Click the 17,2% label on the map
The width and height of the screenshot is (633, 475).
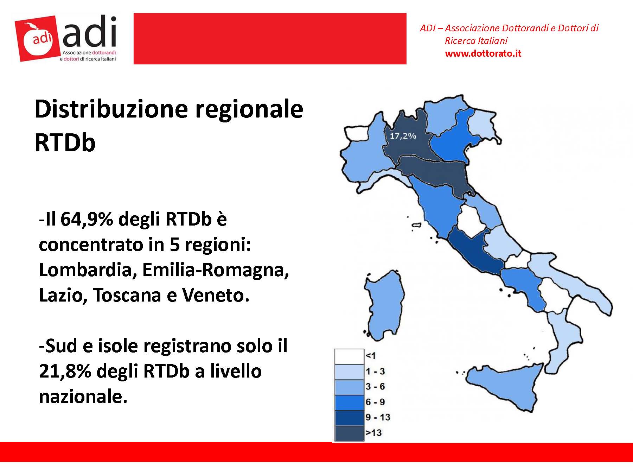[x=403, y=135]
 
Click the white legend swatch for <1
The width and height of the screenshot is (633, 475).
[x=349, y=356]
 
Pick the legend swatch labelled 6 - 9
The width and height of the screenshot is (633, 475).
[x=349, y=403]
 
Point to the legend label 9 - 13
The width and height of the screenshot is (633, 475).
[x=378, y=417]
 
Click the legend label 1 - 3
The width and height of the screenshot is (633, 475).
[x=375, y=371]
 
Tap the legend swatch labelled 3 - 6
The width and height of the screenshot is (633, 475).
[x=349, y=387]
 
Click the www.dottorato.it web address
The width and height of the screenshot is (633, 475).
[x=483, y=53]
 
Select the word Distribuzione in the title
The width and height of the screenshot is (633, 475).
[x=111, y=109]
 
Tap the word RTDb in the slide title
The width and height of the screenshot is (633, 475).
[x=65, y=142]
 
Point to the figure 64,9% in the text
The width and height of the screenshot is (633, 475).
[x=87, y=219]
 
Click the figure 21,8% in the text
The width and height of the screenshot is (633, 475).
[x=65, y=371]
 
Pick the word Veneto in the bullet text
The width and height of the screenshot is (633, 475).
[x=215, y=295]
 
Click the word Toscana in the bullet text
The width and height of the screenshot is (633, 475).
[x=127, y=295]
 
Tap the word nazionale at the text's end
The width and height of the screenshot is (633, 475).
[x=83, y=397]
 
